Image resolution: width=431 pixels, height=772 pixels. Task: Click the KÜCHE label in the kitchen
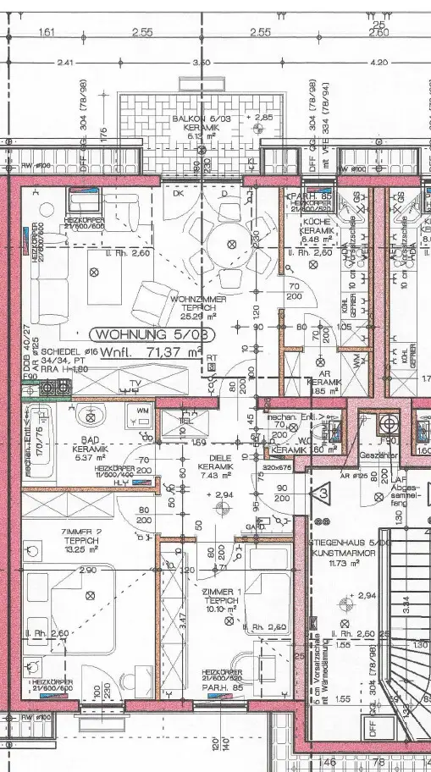[315, 220]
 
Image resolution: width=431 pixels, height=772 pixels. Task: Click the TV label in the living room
[134, 383]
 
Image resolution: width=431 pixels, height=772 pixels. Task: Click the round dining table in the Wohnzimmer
[230, 241]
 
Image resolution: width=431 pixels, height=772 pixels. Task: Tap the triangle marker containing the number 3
[323, 494]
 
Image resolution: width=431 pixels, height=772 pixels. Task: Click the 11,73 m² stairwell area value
[345, 562]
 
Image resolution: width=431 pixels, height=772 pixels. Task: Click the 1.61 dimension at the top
[47, 33]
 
